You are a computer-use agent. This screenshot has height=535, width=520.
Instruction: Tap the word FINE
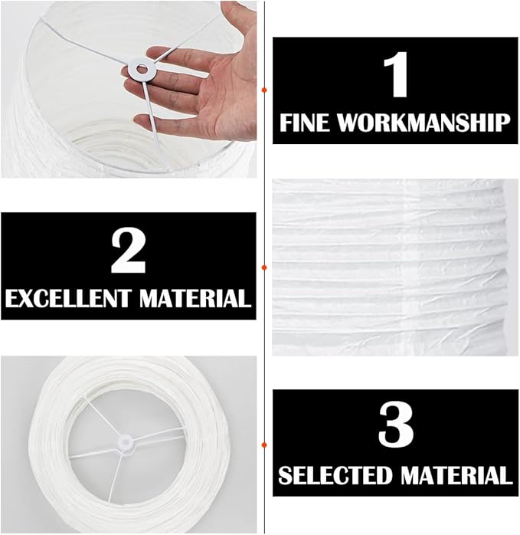coord(305,123)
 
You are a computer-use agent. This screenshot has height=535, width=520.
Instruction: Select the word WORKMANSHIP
coord(424,123)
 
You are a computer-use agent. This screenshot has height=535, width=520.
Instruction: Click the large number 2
coord(129,251)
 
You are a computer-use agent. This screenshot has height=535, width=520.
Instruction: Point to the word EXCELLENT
coord(68,299)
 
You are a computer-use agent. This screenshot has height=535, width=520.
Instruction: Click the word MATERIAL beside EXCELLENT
coord(195,299)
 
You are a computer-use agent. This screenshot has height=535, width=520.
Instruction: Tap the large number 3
coord(396,425)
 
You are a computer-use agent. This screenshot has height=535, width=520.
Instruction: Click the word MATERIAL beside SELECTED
coord(456,475)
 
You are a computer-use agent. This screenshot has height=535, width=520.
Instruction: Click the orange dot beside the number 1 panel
coord(263,90)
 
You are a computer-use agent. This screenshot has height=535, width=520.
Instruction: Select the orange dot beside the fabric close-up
coord(263,267)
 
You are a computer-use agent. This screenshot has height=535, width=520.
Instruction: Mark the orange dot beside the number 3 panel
coord(263,445)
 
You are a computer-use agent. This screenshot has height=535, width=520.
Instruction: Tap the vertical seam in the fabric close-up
coord(408,267)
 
